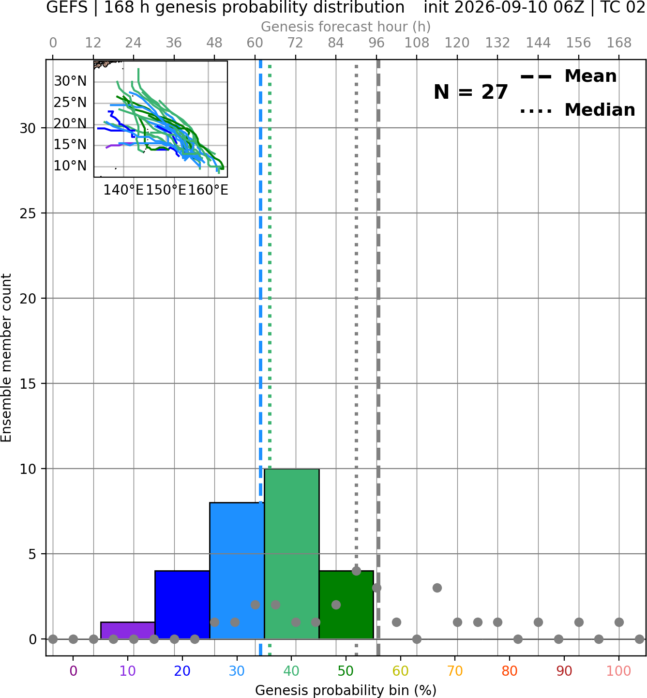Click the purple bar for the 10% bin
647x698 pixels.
click(128, 631)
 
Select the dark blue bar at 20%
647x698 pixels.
click(182, 605)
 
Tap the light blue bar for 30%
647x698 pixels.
click(237, 571)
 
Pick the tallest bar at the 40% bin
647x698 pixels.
click(292, 554)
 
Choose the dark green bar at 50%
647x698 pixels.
click(346, 605)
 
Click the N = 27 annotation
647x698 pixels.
click(470, 92)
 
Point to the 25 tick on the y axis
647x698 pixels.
click(28, 213)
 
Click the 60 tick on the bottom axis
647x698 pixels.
click(401, 671)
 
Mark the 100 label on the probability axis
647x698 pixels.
click(619, 671)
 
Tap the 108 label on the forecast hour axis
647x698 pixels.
click(417, 43)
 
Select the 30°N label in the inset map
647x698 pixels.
click(70, 81)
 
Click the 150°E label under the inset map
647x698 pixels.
click(166, 190)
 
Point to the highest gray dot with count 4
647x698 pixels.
click(356, 571)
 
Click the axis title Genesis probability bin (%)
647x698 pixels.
click(346, 690)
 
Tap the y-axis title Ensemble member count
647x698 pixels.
click(6, 358)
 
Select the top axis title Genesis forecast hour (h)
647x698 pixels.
click(346, 27)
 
